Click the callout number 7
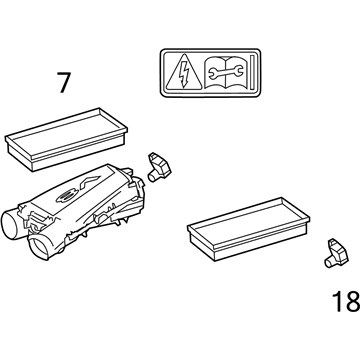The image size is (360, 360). (64, 83)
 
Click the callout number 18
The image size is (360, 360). (346, 301)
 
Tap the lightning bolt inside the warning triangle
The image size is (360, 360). (184, 73)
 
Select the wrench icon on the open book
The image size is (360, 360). (226, 71)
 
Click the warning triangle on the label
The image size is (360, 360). (184, 74)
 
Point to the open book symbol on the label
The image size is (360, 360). (226, 73)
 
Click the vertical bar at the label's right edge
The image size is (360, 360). (253, 73)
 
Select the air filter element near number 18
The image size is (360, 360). (249, 229)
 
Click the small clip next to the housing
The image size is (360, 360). (159, 167)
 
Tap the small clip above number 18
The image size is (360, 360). (336, 253)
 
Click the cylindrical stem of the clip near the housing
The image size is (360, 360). (153, 177)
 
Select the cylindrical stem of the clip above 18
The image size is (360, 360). (330, 262)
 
